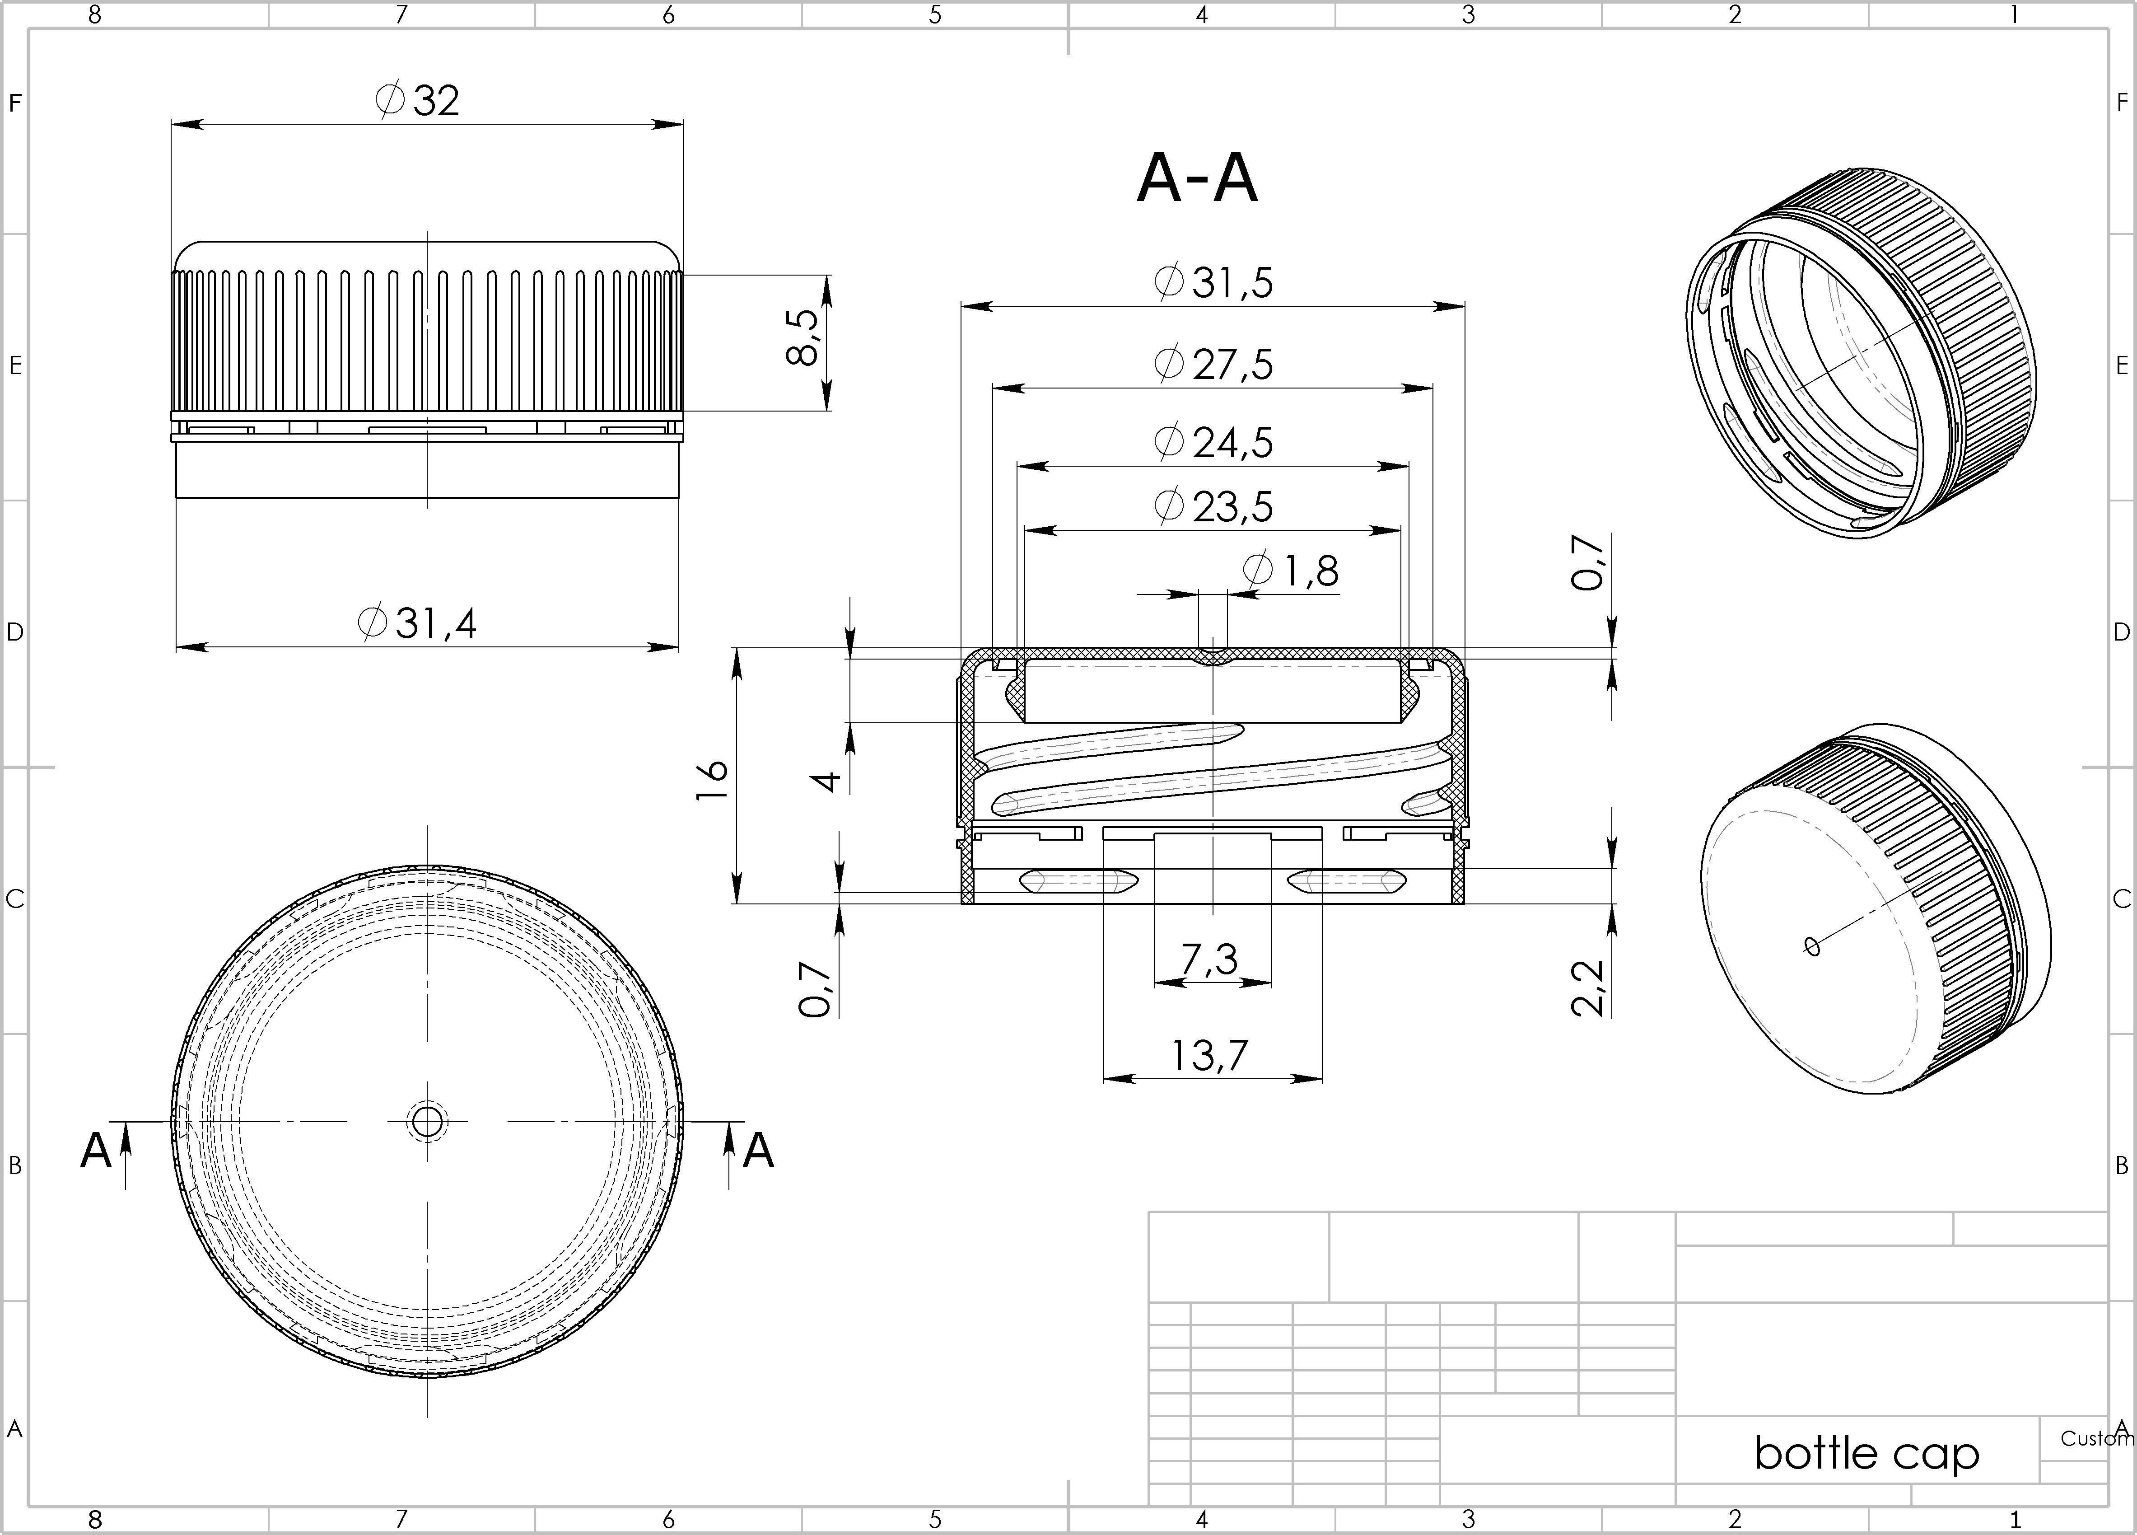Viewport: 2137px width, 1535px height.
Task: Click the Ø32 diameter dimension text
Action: click(x=417, y=100)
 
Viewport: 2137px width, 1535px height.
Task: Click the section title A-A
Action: click(x=1197, y=179)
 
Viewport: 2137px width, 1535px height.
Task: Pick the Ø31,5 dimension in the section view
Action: click(x=1213, y=282)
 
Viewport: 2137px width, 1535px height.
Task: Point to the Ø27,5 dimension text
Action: click(x=1213, y=364)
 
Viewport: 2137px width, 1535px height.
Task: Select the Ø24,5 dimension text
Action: click(x=1213, y=442)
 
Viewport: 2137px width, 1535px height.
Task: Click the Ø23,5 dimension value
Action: click(x=1213, y=506)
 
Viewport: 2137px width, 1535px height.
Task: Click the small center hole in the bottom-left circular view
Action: click(x=427, y=1121)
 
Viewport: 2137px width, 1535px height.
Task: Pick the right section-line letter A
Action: click(x=759, y=1151)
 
